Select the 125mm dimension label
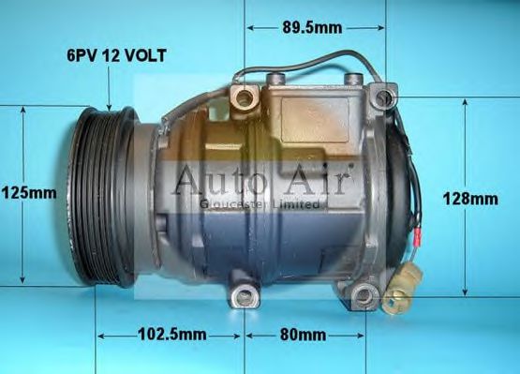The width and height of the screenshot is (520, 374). pos(28,193)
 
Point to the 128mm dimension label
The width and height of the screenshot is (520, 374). pos(471,198)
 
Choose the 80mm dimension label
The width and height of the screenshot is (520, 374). pos(304,335)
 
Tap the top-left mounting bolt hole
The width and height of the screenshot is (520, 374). pos(245,97)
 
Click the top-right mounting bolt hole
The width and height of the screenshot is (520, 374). pos(382,97)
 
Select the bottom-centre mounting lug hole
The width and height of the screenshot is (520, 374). pos(245,298)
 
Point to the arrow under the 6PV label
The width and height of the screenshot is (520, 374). pos(110,89)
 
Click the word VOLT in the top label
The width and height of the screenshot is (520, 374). pos(145,56)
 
